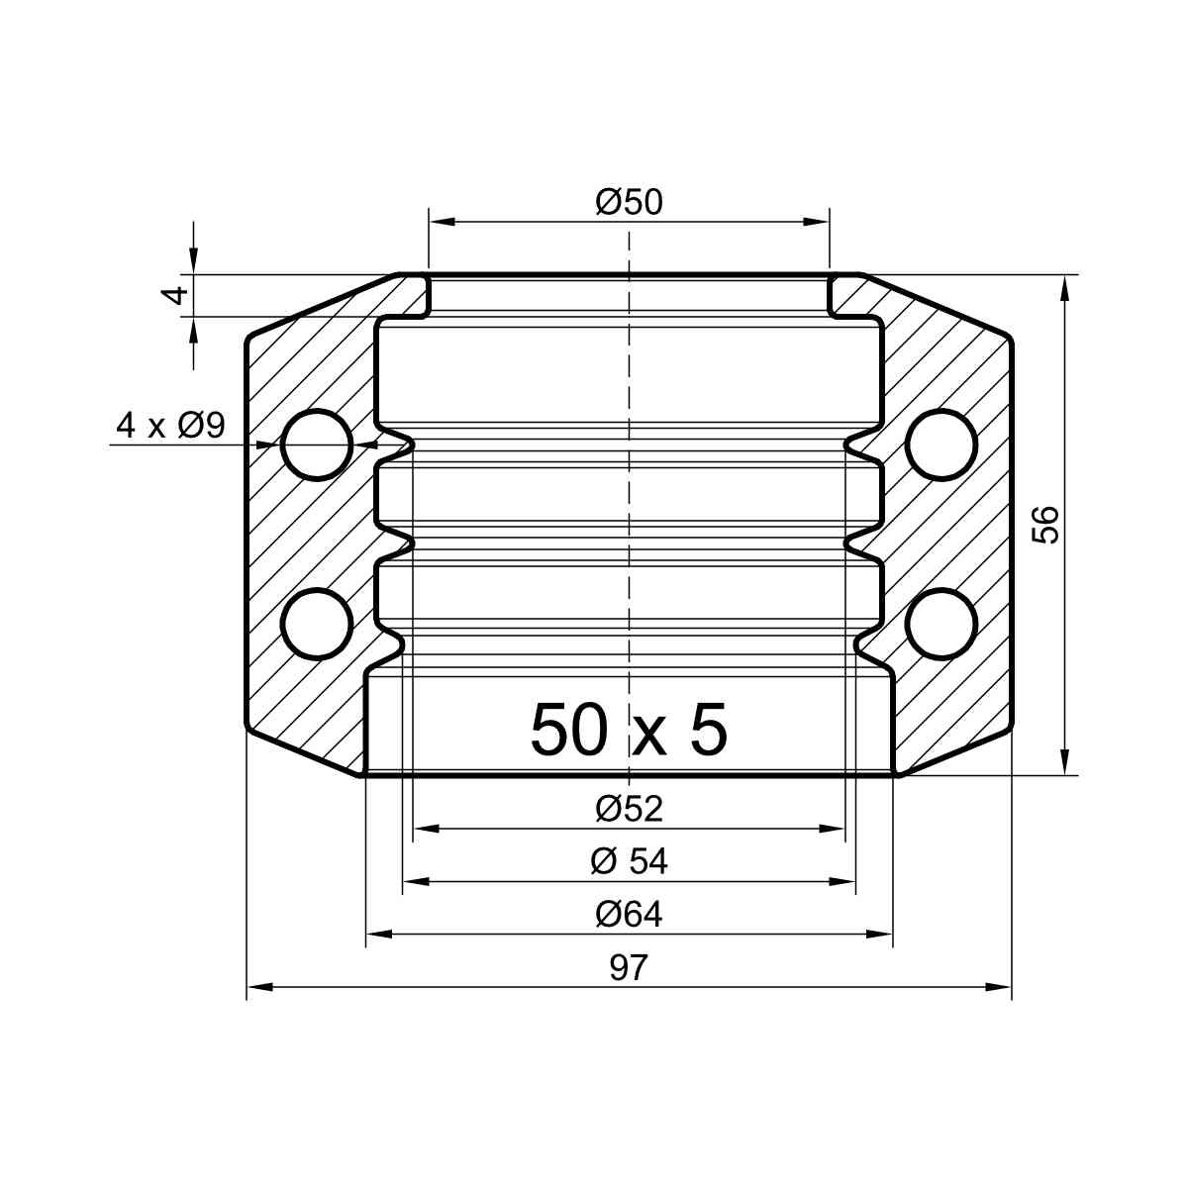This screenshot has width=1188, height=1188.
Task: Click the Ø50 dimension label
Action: pyautogui.click(x=629, y=202)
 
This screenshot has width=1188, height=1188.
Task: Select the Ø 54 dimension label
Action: pyautogui.click(x=629, y=862)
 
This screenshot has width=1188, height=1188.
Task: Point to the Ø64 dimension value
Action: pyautogui.click(x=629, y=915)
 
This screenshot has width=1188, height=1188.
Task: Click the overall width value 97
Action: pyautogui.click(x=629, y=967)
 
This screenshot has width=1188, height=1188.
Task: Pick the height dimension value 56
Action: pyautogui.click(x=1045, y=525)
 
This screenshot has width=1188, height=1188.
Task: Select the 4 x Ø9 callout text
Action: pyautogui.click(x=170, y=426)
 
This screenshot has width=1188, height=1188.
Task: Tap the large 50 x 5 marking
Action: pyautogui.click(x=629, y=730)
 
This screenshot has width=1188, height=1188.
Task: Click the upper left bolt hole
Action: pyautogui.click(x=317, y=445)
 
